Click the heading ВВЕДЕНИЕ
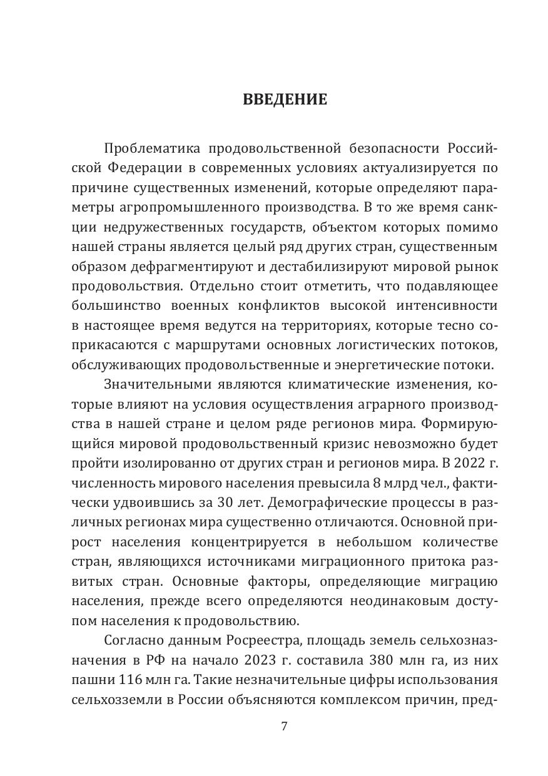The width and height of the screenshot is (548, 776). click(x=285, y=100)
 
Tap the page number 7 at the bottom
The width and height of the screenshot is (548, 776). click(x=284, y=727)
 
